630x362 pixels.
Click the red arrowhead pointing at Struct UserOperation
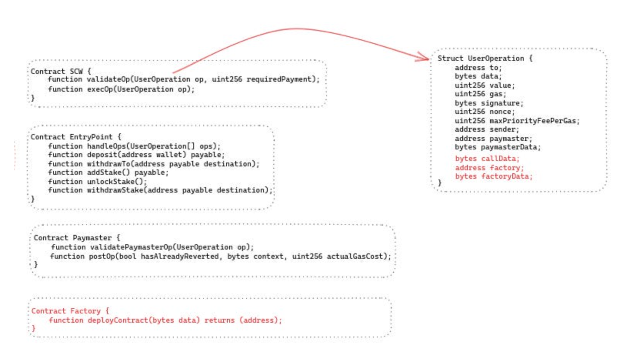click(x=425, y=59)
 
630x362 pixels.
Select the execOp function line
click(x=121, y=89)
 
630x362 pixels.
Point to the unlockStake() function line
click(x=97, y=181)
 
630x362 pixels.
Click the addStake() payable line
click(x=108, y=173)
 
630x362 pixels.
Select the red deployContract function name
click(x=117, y=320)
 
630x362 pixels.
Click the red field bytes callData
click(x=487, y=159)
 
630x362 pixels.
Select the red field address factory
click(x=489, y=168)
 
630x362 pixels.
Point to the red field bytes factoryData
click(x=493, y=176)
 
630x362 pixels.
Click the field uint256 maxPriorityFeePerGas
click(x=517, y=121)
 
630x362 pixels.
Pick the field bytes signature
click(x=489, y=103)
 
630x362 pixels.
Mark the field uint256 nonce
click(x=485, y=112)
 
